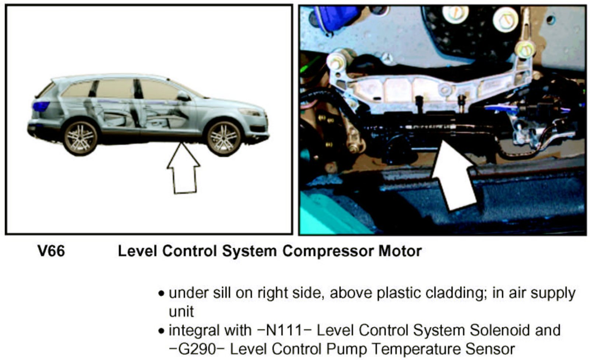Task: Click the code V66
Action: [51, 251]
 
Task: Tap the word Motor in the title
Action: [400, 251]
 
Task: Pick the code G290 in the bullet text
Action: [197, 349]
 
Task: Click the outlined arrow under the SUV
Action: [184, 168]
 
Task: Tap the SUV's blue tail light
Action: [41, 106]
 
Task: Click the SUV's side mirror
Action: [184, 97]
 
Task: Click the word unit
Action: [181, 312]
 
